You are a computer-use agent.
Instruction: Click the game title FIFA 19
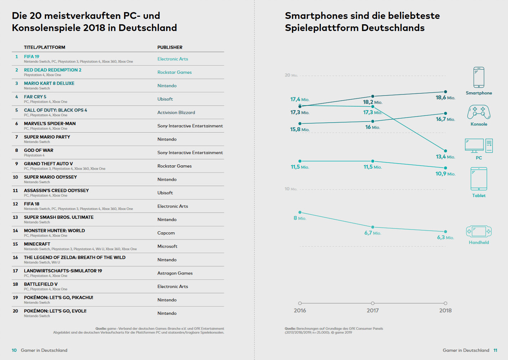32,57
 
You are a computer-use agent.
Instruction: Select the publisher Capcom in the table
166,233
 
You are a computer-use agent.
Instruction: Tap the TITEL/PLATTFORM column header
45,47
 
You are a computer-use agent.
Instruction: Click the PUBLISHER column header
170,47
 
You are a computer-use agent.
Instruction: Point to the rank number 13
15,217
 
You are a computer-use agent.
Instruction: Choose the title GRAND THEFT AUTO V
48,164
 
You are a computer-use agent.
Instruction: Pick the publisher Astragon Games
175,273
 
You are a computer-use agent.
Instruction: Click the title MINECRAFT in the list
37,244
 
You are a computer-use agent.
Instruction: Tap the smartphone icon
479,77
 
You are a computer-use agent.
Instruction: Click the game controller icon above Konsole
479,112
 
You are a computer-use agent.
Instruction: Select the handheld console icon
479,232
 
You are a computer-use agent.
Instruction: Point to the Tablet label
479,196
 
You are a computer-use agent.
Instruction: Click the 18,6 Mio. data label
445,98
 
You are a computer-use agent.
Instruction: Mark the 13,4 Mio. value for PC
445,157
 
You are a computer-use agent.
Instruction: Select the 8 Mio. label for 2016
300,218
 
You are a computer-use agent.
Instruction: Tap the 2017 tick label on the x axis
373,310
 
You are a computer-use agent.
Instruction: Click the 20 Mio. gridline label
291,75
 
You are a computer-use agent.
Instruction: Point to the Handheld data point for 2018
446,232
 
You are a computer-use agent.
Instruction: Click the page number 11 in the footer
495,350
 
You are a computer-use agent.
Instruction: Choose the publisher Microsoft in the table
168,246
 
